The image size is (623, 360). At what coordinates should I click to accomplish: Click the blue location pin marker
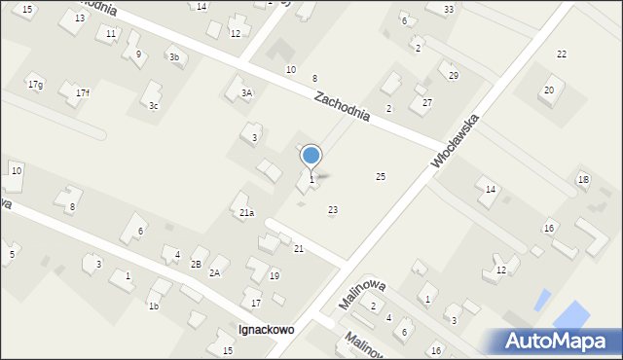point(311,156)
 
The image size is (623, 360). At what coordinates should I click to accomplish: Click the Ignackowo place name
point(267,330)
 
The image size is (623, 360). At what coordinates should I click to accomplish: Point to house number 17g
point(35,85)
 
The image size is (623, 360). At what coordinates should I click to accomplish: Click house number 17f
point(82,92)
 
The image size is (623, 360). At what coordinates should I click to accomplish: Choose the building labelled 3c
point(153,105)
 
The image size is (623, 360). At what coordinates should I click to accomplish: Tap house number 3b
point(174,57)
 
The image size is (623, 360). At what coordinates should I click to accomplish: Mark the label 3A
point(247,93)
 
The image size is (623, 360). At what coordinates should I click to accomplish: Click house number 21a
point(247,212)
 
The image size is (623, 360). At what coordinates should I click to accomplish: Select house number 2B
point(196,265)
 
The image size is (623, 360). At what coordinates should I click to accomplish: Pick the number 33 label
point(448,10)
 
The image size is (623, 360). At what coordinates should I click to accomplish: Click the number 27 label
point(426,102)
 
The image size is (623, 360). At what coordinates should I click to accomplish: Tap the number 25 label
point(381,176)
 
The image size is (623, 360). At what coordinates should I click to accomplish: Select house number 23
point(333,210)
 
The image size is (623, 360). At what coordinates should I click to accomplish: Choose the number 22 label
point(562,54)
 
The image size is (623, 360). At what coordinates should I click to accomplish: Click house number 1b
point(153,306)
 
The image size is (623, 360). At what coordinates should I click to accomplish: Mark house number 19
point(275,276)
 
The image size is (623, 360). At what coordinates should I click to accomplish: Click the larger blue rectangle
point(571,315)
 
